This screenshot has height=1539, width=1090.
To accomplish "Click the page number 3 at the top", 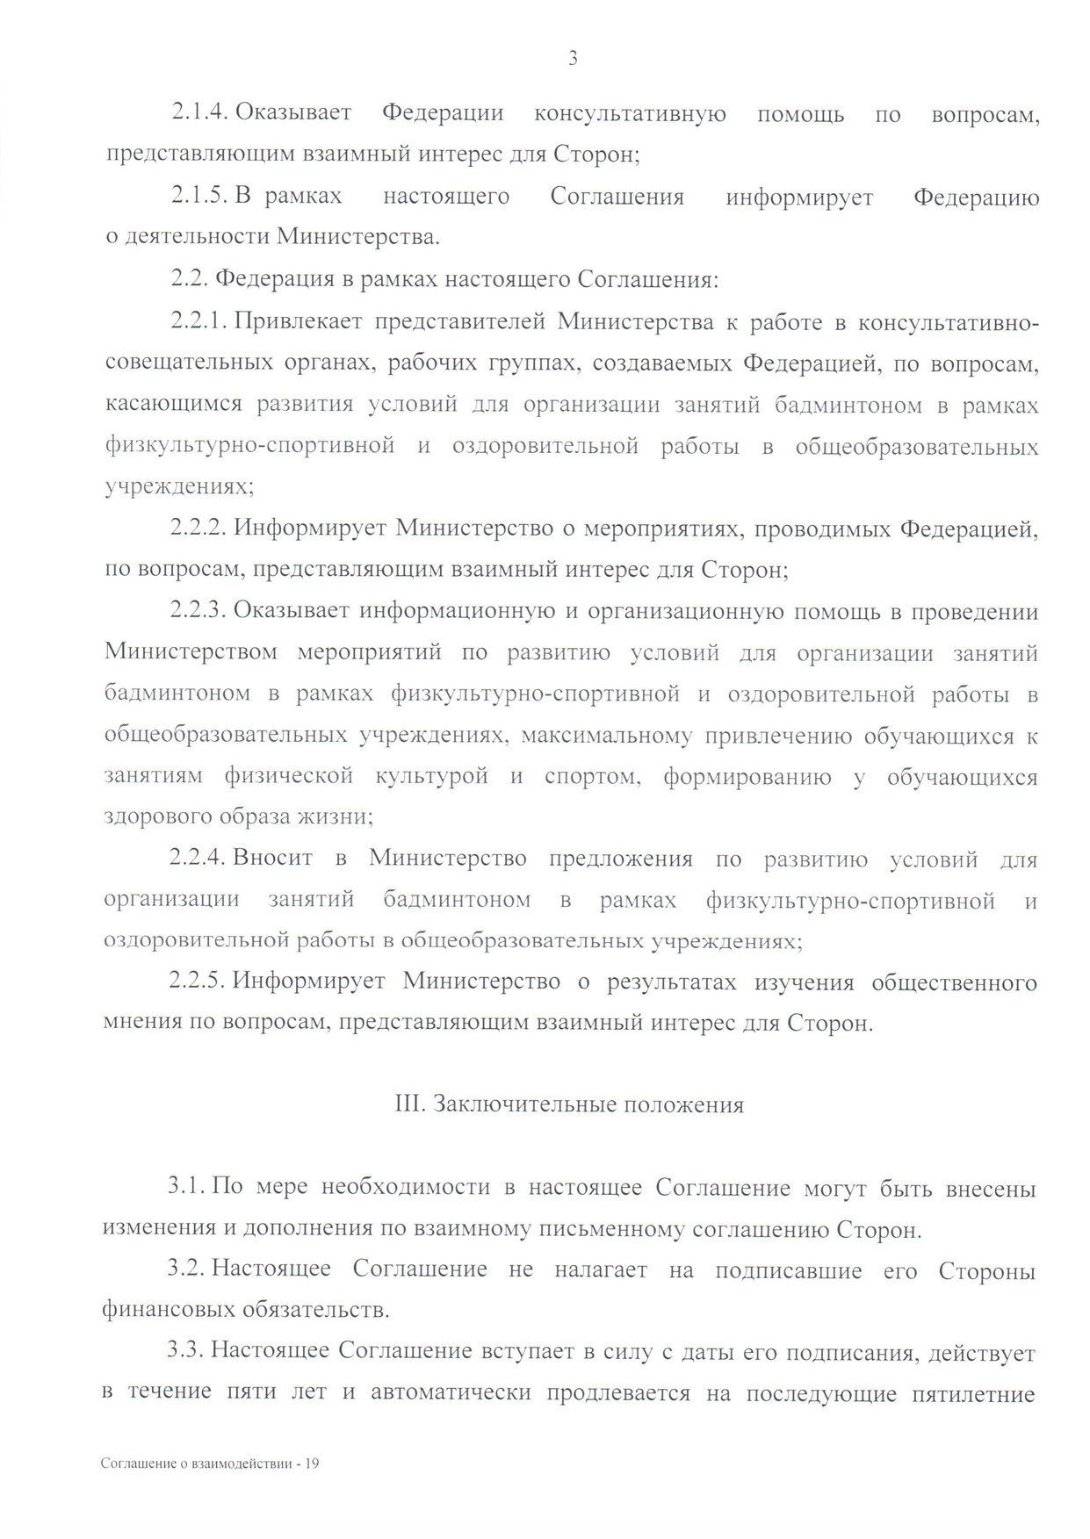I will pos(573,60).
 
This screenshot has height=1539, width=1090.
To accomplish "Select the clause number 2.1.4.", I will pos(200,113).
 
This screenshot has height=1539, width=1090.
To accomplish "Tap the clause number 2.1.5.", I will pos(200,197).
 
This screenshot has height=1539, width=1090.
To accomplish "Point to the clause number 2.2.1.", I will pos(200,322).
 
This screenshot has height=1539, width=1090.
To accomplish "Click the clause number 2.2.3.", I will pos(199,611).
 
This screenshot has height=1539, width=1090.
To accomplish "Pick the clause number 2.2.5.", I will pos(199,982).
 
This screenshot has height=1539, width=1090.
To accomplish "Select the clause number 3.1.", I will pos(187,1189).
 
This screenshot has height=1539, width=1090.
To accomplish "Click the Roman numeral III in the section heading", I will pos(410,1104).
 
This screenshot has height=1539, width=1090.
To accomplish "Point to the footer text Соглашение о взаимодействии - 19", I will pos(210,1463).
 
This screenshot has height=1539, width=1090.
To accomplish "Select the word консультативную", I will pos(630,113).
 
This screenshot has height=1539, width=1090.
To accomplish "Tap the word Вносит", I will pos(272,859).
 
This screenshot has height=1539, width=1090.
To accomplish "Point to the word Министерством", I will pos(191,653).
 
